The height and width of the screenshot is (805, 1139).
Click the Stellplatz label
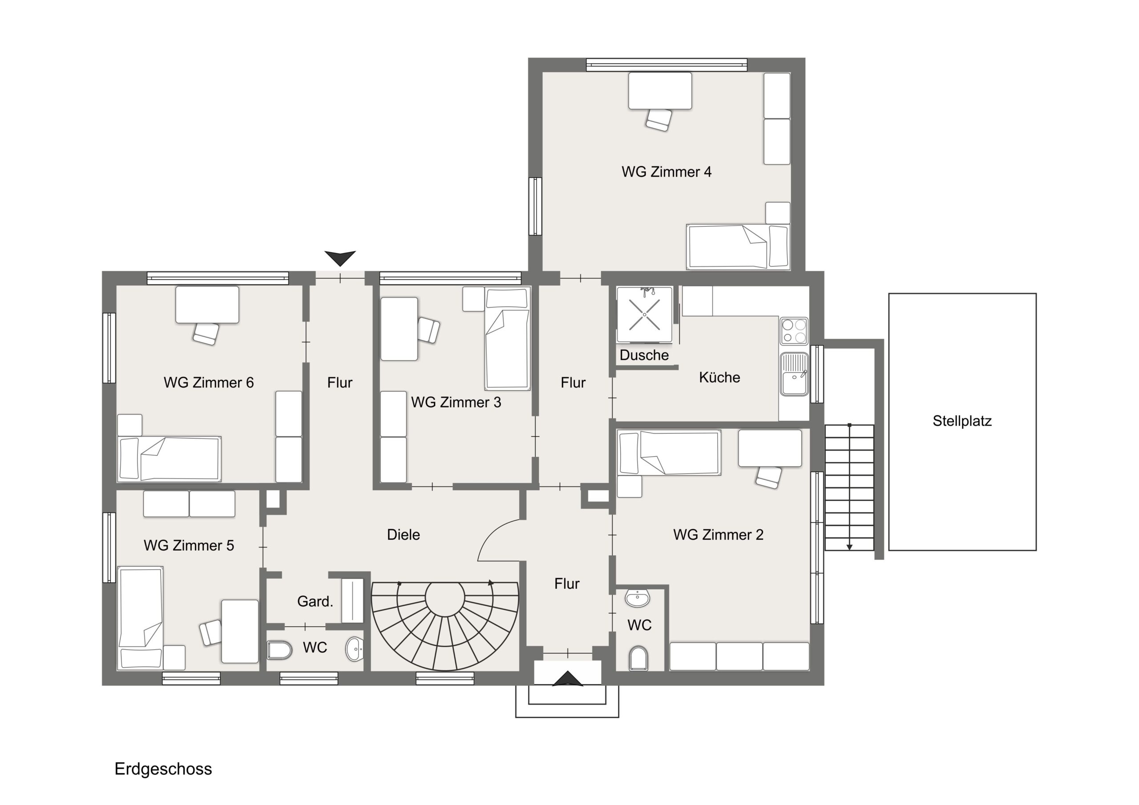coord(961,421)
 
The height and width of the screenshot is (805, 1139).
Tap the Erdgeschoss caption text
coord(163,769)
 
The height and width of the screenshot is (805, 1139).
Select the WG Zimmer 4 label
coord(666,172)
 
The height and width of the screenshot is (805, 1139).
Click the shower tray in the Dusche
coord(644,314)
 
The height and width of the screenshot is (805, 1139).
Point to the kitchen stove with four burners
coord(794,331)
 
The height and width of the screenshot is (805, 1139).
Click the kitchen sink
coord(794,374)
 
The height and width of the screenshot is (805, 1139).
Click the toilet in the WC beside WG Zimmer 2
coord(638,658)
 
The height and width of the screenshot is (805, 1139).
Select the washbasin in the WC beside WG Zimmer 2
coord(637,598)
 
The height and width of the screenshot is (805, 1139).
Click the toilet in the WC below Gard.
coord(280,650)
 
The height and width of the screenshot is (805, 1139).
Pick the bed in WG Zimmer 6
coord(169,459)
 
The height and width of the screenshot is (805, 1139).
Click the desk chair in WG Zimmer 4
coord(659,120)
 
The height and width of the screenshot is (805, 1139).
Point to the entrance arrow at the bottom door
coord(568,679)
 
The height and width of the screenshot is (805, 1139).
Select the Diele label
coord(403,535)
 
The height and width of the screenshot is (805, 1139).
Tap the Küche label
coord(719,378)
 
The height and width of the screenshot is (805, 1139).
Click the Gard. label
coord(315,602)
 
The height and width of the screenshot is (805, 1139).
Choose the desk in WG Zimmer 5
coord(240,632)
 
